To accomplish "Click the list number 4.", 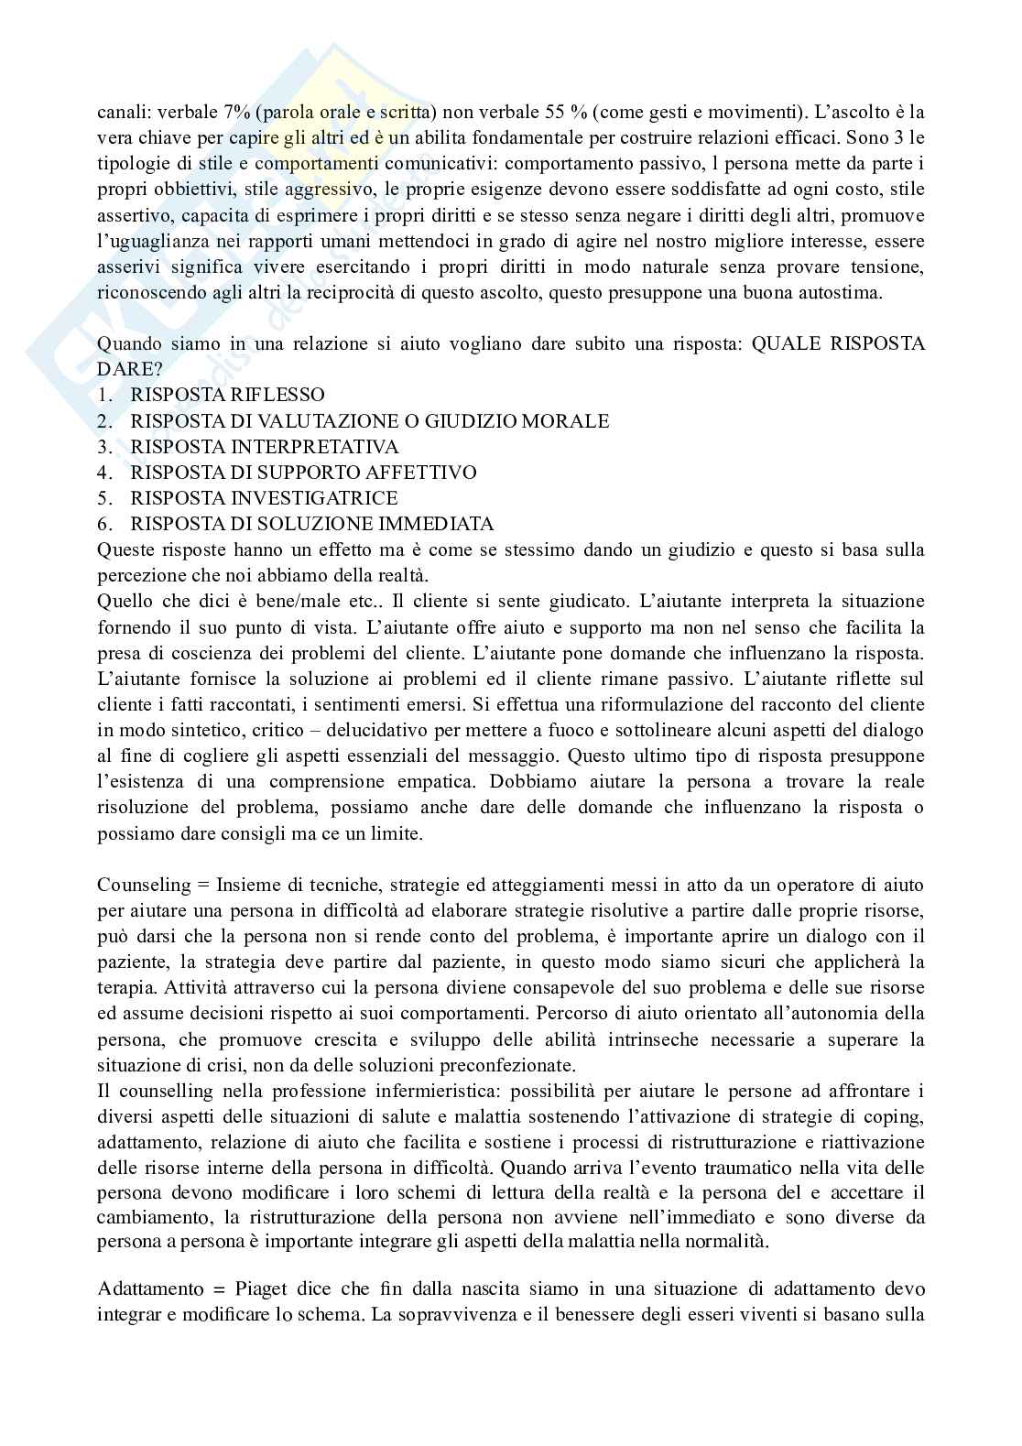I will (x=103, y=472).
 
